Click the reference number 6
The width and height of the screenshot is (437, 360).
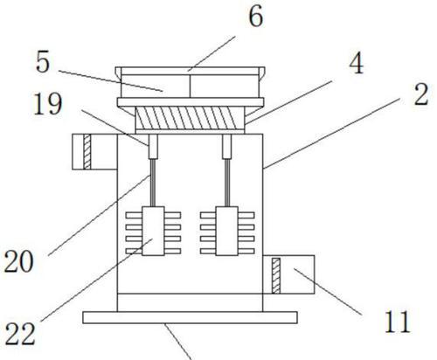click(256, 17)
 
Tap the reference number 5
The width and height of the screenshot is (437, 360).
click(43, 62)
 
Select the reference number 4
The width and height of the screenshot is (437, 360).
click(356, 64)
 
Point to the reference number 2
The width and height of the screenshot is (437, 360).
click(421, 94)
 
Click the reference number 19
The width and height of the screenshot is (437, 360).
click(48, 104)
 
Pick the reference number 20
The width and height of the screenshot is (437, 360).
click(18, 261)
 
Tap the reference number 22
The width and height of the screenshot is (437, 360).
click(20, 334)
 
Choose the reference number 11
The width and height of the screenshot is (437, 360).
click(398, 322)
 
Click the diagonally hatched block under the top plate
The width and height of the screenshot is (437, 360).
click(190, 118)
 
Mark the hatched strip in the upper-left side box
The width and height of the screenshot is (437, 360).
click(87, 151)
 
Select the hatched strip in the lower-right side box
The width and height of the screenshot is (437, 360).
click(276, 275)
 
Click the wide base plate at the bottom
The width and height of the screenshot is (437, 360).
click(190, 317)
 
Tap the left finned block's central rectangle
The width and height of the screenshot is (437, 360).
click(153, 231)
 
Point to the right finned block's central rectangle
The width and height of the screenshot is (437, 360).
click(227, 231)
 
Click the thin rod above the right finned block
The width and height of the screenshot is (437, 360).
click(227, 183)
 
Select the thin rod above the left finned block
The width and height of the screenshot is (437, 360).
click(153, 183)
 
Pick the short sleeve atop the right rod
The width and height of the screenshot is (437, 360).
click(227, 146)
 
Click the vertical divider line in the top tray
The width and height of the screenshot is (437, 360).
click(190, 87)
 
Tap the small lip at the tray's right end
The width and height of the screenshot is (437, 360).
click(261, 73)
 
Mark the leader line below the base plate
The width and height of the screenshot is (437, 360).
click(178, 342)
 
